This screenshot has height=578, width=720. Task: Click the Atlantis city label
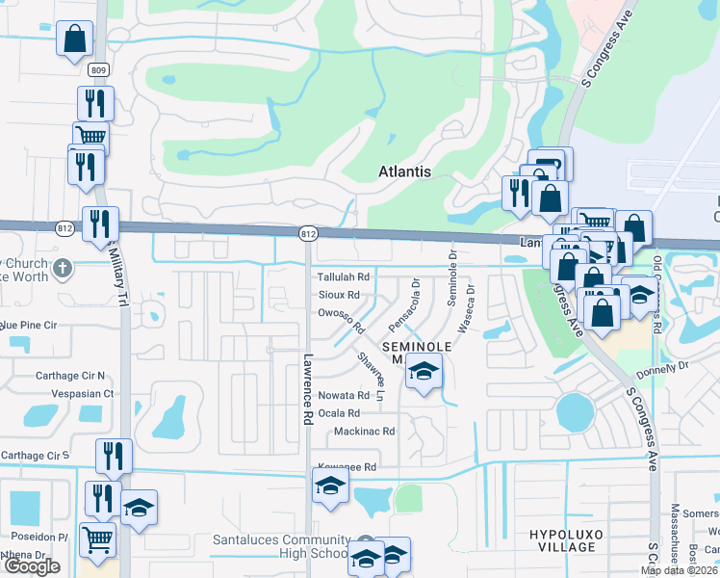(x=402, y=171)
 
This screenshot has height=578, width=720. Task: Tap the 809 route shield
(x=98, y=69)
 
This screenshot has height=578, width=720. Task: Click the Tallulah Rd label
(x=344, y=276)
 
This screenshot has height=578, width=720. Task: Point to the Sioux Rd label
(x=339, y=295)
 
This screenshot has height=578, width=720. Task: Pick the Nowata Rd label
(x=345, y=395)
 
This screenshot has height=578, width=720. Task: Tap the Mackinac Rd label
(x=364, y=432)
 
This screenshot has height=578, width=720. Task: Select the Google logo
(x=32, y=566)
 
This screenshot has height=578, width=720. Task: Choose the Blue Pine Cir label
(x=29, y=326)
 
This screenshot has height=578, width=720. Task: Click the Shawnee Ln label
(x=371, y=377)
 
